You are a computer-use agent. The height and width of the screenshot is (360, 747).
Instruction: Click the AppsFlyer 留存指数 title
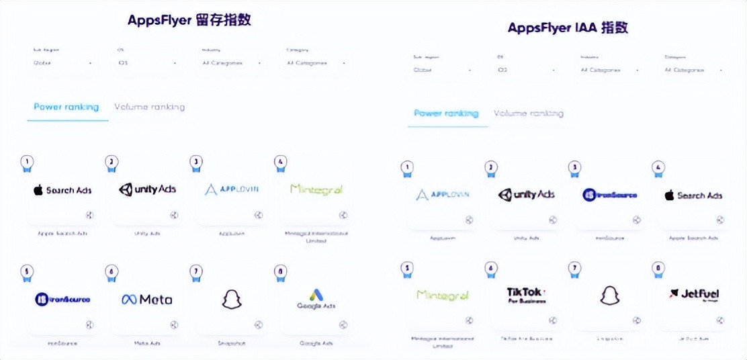189,20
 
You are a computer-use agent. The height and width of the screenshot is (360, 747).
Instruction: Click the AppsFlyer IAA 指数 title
568,28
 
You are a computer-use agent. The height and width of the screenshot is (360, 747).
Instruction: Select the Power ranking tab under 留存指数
67,107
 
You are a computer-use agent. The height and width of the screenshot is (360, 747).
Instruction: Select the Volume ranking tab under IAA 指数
528,114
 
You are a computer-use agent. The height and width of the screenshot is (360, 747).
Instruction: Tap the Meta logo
146,300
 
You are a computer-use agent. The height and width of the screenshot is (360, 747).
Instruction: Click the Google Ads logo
316,300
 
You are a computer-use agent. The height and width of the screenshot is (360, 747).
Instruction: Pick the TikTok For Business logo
527,296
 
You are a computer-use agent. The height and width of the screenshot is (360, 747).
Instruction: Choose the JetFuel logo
694,294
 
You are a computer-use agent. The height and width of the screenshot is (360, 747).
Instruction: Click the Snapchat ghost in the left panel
231,300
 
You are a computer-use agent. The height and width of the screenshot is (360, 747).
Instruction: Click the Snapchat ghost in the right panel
609,296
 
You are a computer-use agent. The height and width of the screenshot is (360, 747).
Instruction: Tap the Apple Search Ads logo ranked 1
62,190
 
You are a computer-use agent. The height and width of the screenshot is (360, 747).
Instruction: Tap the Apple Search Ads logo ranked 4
693,195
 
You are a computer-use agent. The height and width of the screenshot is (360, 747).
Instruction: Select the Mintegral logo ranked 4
316,189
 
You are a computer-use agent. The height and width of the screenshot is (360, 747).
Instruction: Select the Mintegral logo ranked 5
442,295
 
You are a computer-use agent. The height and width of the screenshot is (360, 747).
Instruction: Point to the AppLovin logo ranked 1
442,195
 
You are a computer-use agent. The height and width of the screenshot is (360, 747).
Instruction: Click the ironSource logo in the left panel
62,300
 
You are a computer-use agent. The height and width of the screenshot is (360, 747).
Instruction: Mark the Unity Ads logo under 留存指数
147,189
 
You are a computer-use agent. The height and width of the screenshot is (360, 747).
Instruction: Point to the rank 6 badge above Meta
112,272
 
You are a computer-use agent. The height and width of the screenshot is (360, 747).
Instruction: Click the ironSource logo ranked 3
609,195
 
